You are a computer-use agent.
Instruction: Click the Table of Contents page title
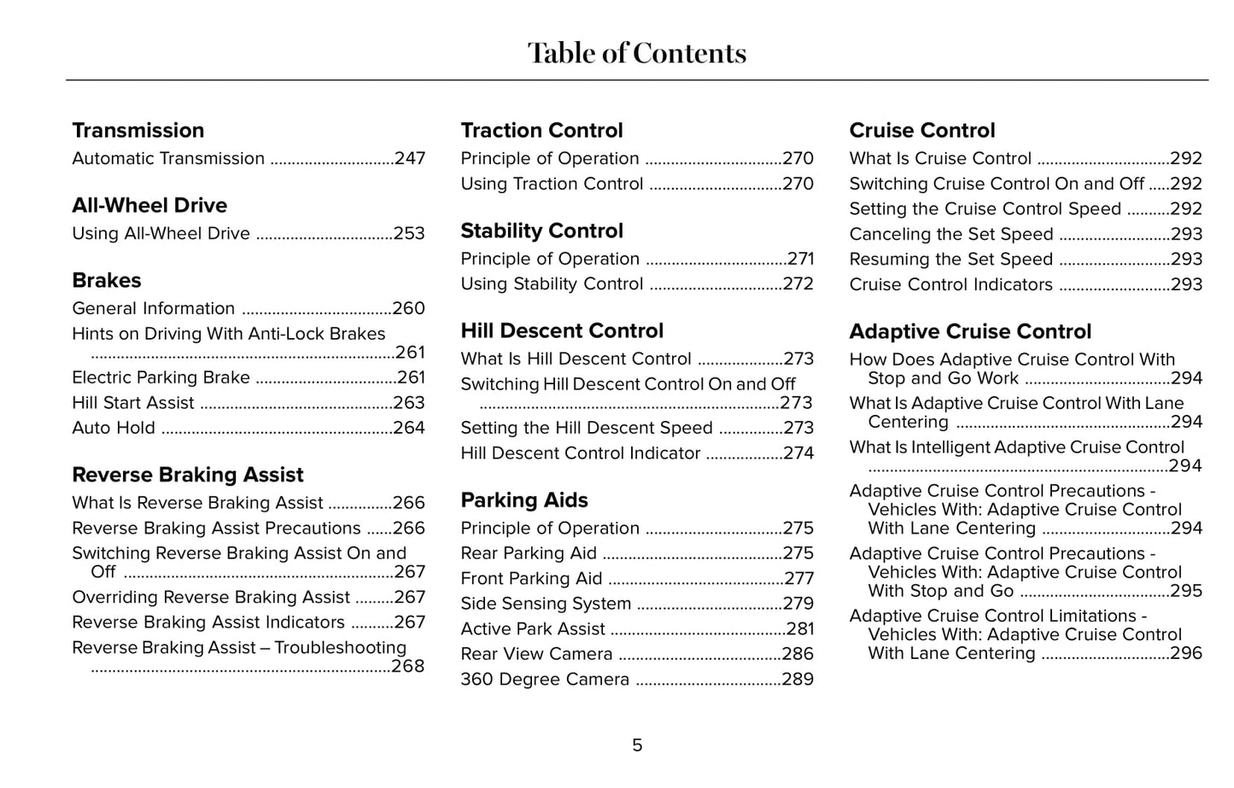pyautogui.click(x=636, y=53)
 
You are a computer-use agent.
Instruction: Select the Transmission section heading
pyautogui.click(x=138, y=131)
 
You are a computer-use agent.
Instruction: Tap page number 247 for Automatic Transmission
pyautogui.click(x=410, y=159)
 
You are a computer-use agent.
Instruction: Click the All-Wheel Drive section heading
pyautogui.click(x=149, y=206)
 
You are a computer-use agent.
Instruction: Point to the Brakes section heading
pyautogui.click(x=107, y=281)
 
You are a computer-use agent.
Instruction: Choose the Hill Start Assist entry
pyautogui.click(x=133, y=403)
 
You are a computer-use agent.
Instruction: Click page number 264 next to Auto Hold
pyautogui.click(x=409, y=429)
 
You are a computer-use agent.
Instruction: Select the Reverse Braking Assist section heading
pyautogui.click(x=188, y=475)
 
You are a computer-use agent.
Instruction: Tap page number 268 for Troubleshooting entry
pyautogui.click(x=408, y=667)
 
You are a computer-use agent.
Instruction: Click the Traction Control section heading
pyautogui.click(x=541, y=131)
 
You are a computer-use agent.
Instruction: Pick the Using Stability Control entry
pyautogui.click(x=552, y=284)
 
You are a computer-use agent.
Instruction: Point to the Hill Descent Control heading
pyautogui.click(x=562, y=331)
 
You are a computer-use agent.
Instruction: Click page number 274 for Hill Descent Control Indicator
pyautogui.click(x=798, y=453)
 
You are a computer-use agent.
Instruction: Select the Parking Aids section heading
pyautogui.click(x=524, y=500)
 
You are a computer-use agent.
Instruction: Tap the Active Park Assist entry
pyautogui.click(x=533, y=629)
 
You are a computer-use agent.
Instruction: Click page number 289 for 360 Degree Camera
pyautogui.click(x=798, y=680)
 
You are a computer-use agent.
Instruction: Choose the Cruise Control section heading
pyautogui.click(x=922, y=131)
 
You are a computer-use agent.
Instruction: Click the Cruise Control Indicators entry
pyautogui.click(x=950, y=285)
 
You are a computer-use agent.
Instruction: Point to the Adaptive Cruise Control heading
pyautogui.click(x=970, y=332)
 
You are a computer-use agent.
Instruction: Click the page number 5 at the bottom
pyautogui.click(x=637, y=746)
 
